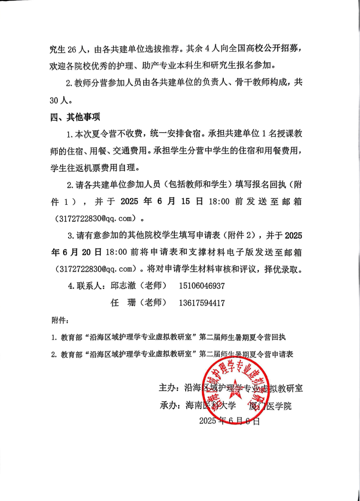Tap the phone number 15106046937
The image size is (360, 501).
202,286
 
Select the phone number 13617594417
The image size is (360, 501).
202,303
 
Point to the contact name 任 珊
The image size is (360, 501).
123,303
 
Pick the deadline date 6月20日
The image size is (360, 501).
77,252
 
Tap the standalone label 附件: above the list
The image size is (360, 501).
60,320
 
